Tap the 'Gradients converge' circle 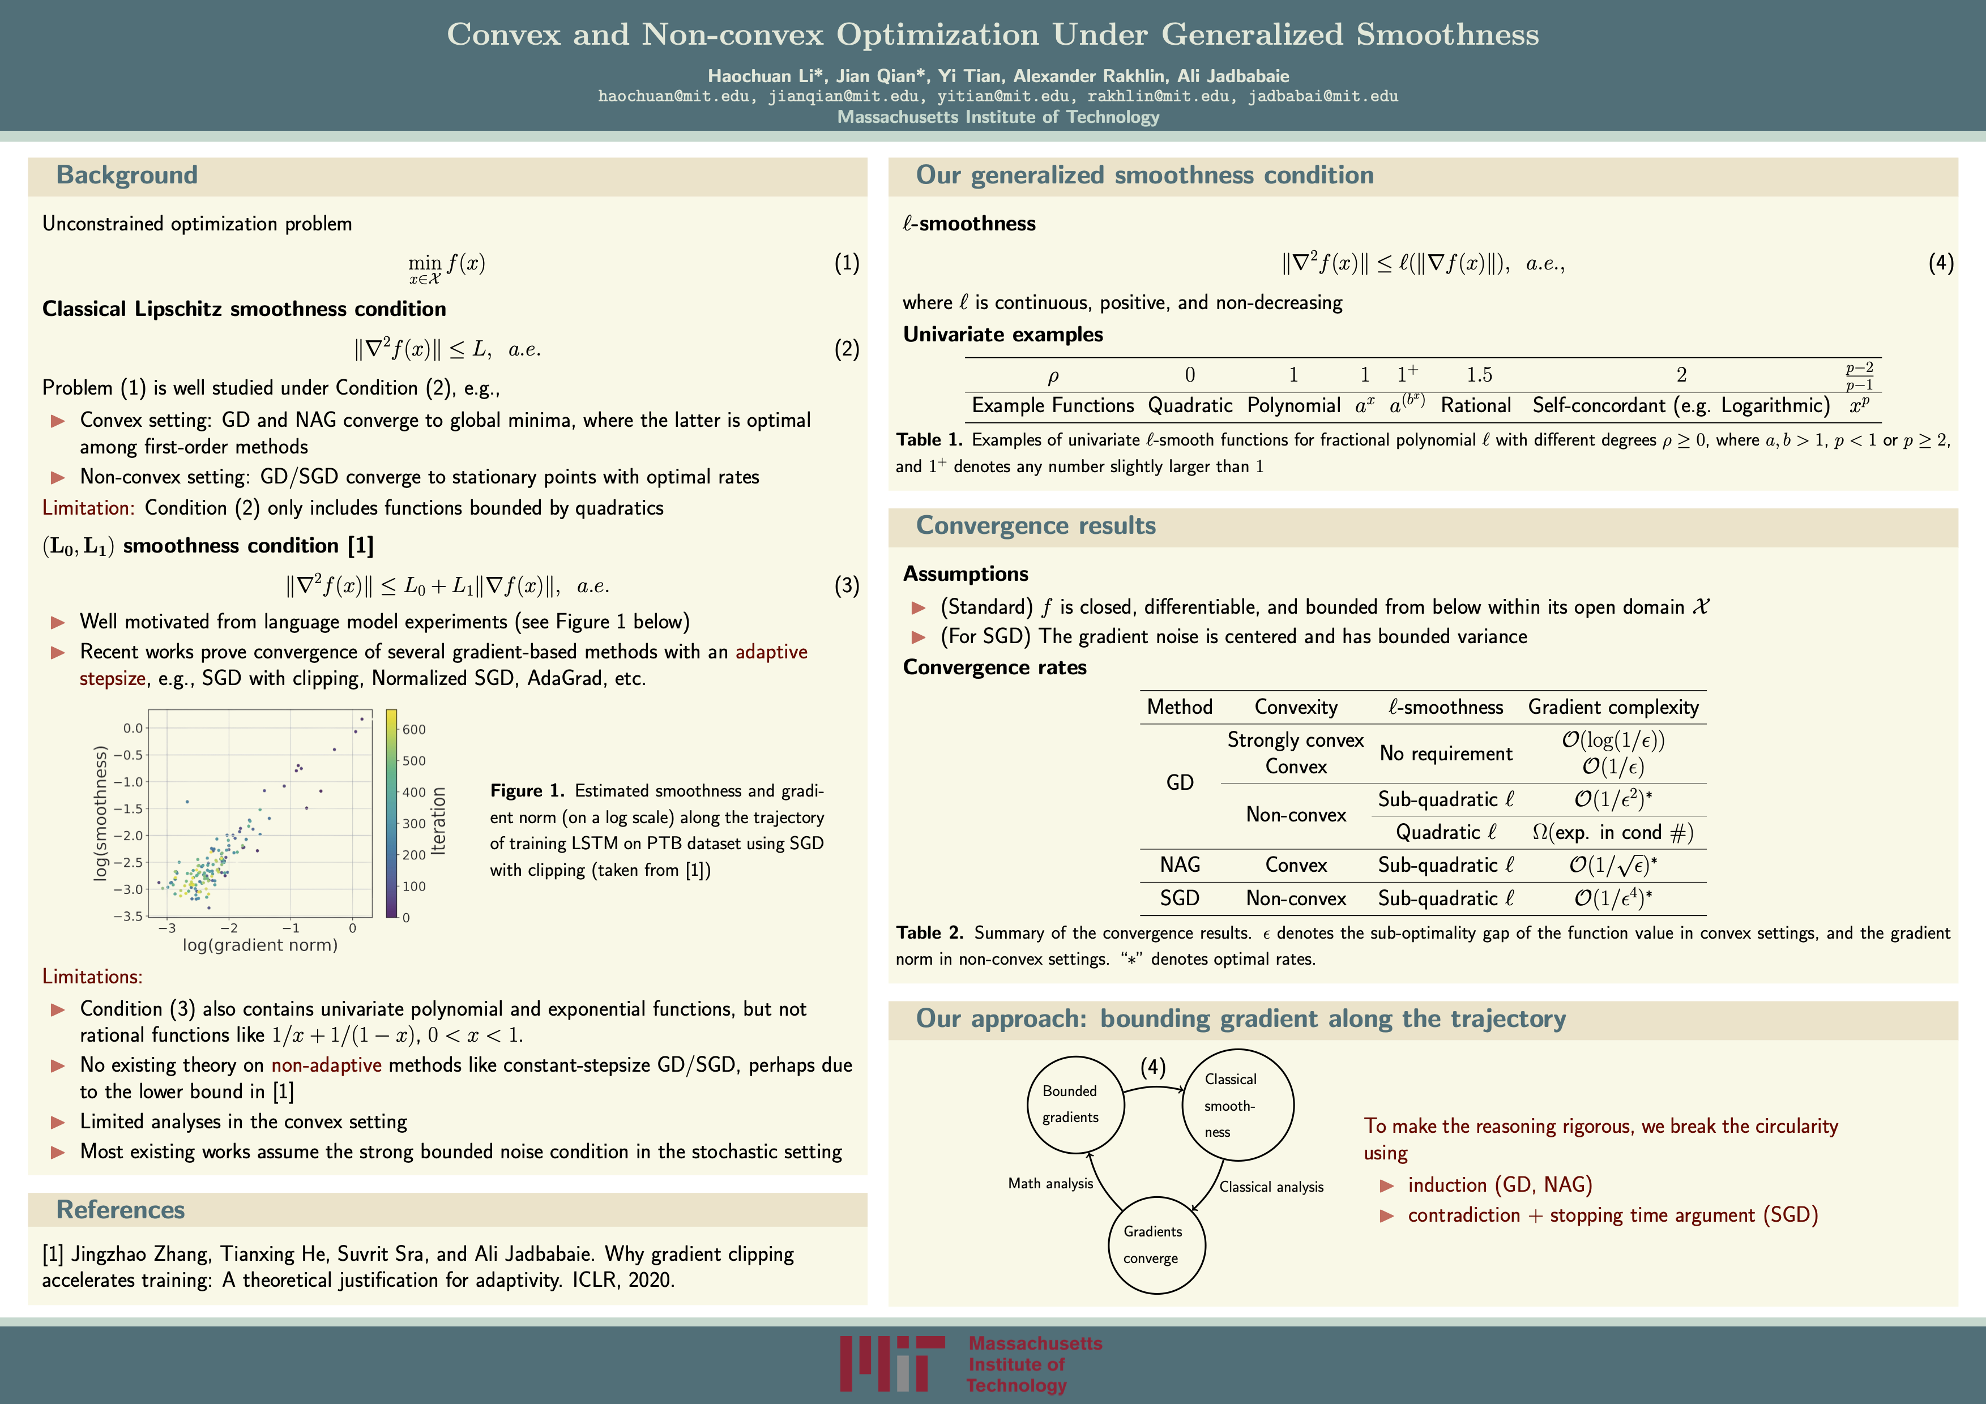click(x=1156, y=1245)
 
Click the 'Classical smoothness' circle click(x=1237, y=1105)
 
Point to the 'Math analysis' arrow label click(x=1050, y=1184)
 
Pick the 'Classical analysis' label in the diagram click(x=1271, y=1187)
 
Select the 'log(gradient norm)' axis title click(x=259, y=945)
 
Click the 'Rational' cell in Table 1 click(x=1476, y=405)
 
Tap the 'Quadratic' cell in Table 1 click(x=1189, y=405)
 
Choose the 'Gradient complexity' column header click(x=1613, y=707)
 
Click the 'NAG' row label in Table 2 click(x=1180, y=864)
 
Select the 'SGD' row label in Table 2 click(x=1180, y=898)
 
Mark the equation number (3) click(x=846, y=586)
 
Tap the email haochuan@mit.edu click(x=674, y=96)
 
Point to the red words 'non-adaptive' click(x=326, y=1065)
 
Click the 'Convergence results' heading click(x=1035, y=525)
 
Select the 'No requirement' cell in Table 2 click(x=1445, y=754)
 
